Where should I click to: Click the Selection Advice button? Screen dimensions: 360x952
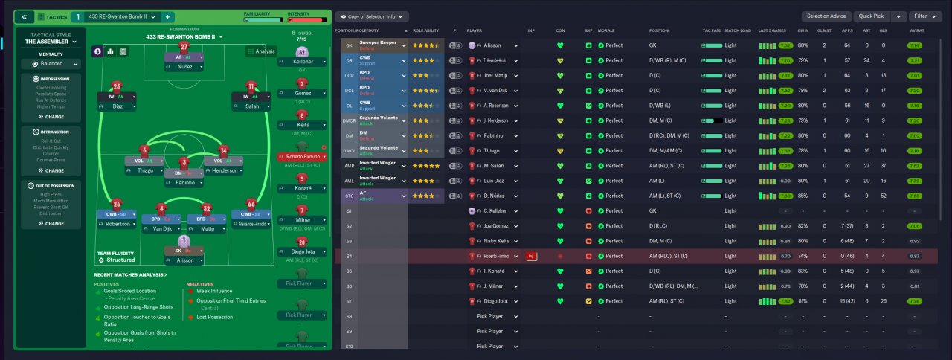826,16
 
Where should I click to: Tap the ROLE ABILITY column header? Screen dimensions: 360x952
427,30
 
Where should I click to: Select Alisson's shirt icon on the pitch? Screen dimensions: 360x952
184,241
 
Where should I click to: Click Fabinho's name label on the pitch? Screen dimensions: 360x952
184,183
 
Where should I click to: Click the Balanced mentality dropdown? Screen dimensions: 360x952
51,64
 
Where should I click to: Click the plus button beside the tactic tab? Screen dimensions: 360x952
167,16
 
